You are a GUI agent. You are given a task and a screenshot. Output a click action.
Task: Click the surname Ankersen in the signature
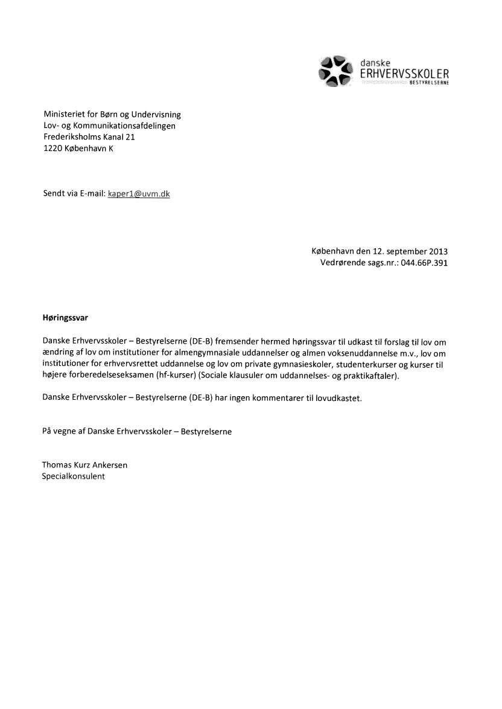[110, 465]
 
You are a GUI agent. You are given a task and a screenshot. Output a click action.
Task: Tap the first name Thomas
[56, 465]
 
